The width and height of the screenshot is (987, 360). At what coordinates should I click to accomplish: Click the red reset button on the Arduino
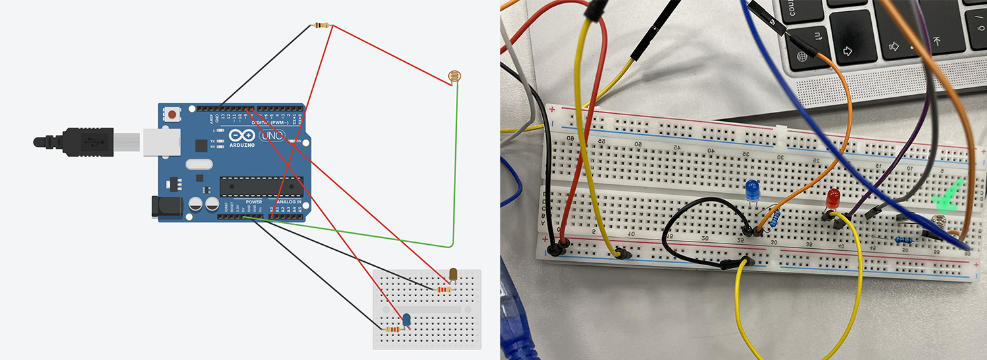point(172,114)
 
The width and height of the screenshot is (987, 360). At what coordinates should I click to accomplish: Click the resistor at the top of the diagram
point(321,26)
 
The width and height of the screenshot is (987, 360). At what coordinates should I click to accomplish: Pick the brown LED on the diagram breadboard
point(453,274)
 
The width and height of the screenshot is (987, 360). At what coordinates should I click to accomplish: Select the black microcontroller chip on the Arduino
point(261,186)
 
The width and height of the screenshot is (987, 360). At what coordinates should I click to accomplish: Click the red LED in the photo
point(834,197)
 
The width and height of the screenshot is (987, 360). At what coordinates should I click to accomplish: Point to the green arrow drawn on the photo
point(946,196)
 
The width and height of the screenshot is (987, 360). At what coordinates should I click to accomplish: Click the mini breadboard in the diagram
point(427,309)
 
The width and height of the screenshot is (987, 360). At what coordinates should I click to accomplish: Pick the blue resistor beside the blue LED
point(776,219)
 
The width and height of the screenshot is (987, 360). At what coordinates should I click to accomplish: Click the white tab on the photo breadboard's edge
point(781,130)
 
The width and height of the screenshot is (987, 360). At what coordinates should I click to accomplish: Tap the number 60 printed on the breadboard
point(570,138)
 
